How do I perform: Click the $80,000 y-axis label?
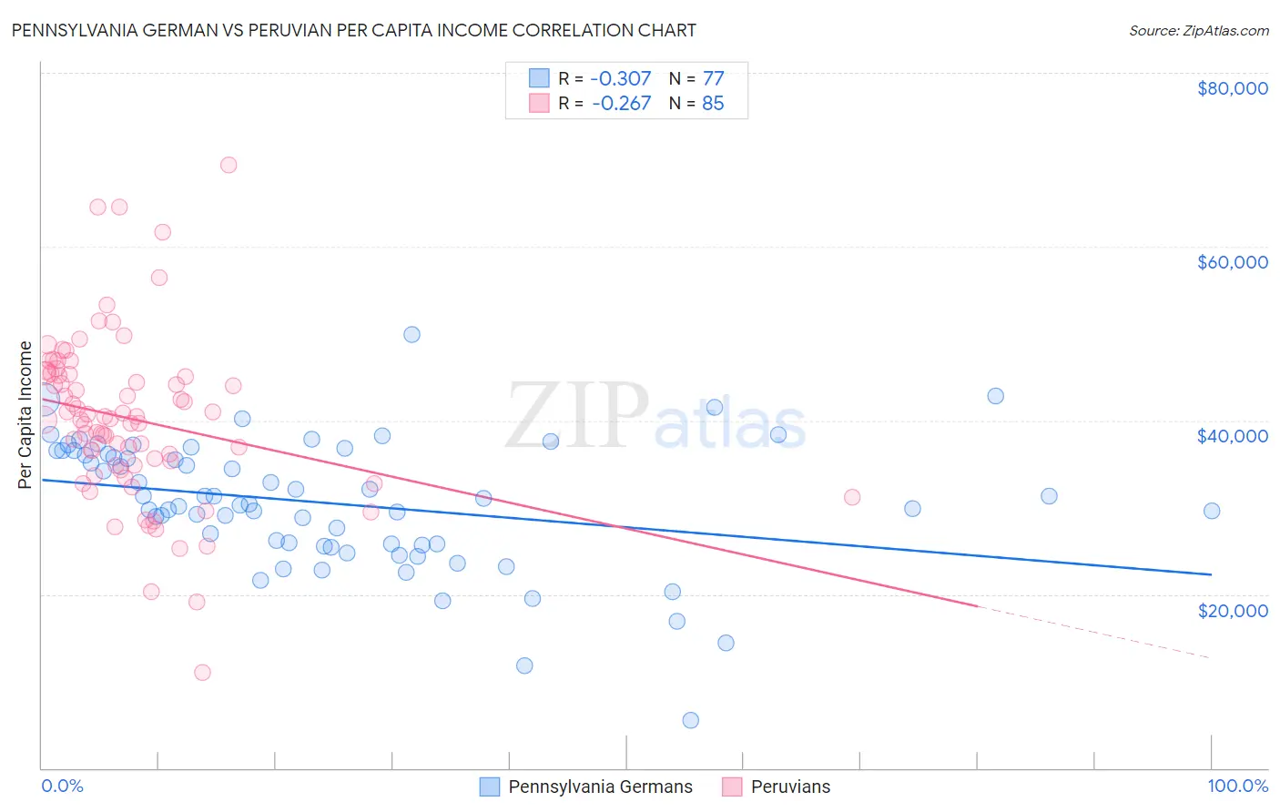(1232, 88)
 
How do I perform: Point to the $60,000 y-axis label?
(1232, 262)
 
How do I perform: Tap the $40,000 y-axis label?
(1232, 436)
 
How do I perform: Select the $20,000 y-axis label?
(1232, 610)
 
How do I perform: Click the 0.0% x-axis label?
(62, 786)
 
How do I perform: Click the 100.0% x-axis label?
(1237, 786)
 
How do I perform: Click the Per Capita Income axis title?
(25, 414)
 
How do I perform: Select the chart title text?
(353, 30)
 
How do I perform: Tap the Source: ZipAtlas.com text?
(1198, 30)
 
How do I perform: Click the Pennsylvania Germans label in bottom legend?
(600, 787)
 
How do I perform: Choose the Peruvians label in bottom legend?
(790, 787)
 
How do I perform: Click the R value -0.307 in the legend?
(621, 78)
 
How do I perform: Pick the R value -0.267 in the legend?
(621, 103)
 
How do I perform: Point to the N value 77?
(713, 78)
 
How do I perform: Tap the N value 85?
(713, 103)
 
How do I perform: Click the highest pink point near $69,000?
(229, 165)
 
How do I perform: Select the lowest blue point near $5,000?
(691, 720)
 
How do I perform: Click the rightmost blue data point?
(1212, 511)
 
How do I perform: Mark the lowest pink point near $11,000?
(202, 673)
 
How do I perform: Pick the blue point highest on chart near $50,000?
(411, 334)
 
